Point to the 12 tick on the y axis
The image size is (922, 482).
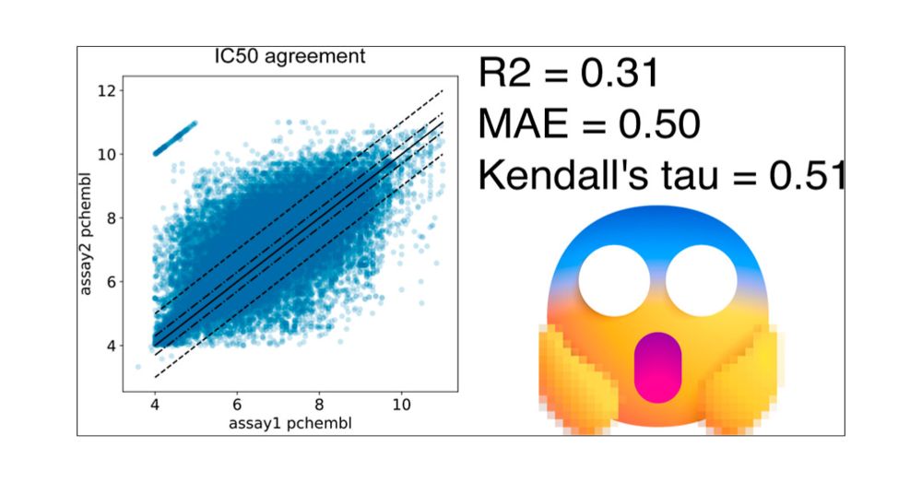click(110, 91)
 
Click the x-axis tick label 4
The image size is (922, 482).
click(155, 405)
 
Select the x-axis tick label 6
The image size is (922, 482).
click(237, 405)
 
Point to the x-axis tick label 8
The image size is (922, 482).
click(319, 405)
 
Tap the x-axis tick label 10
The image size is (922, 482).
click(401, 405)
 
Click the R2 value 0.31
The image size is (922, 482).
click(619, 74)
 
